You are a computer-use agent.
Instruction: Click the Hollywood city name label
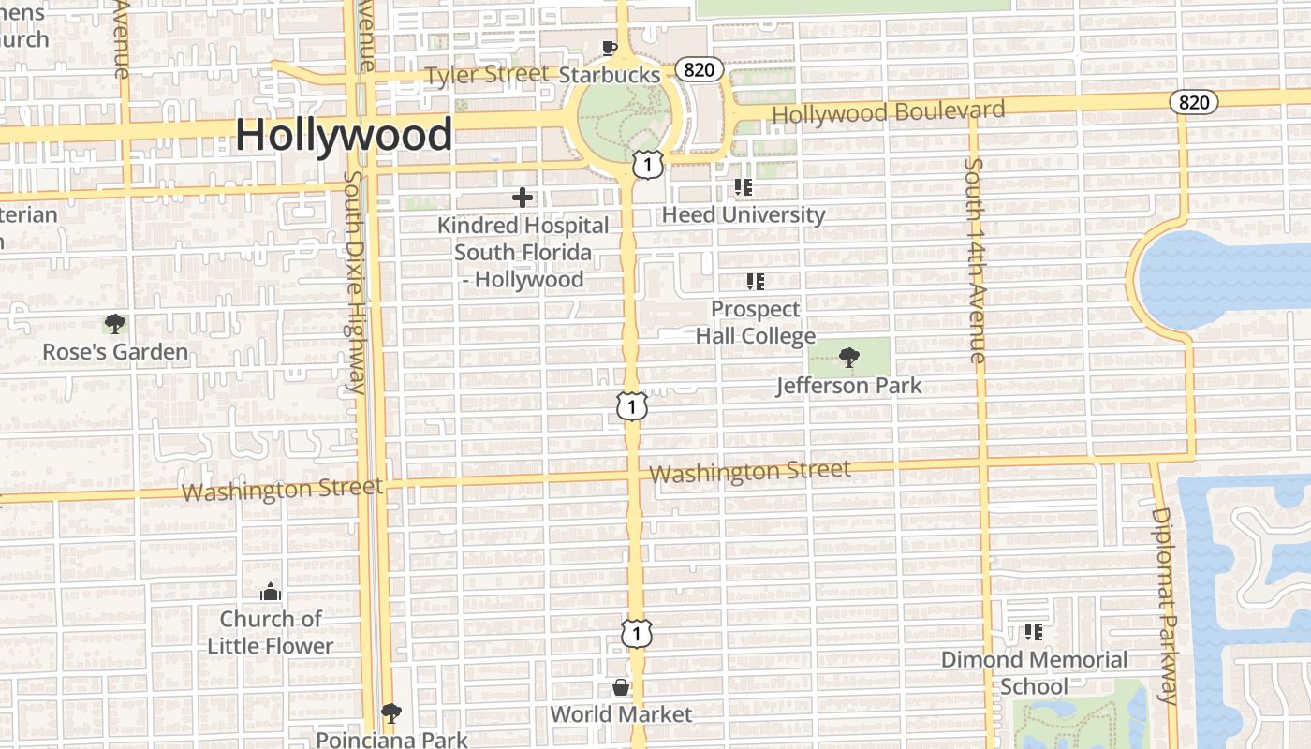(x=344, y=134)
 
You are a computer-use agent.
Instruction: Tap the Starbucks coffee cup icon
(x=610, y=48)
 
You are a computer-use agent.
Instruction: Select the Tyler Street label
(x=487, y=74)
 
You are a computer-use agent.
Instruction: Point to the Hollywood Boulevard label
(x=888, y=111)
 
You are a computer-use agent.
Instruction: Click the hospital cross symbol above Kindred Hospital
(x=523, y=198)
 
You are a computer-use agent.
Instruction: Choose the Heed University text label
(x=744, y=214)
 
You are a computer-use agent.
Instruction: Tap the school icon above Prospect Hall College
(x=756, y=281)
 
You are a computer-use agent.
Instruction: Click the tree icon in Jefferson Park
(x=849, y=357)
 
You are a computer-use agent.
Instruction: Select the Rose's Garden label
(x=115, y=352)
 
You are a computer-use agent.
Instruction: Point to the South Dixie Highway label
(x=354, y=281)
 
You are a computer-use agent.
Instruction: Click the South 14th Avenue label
(x=975, y=260)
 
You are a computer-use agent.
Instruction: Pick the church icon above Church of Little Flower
(x=271, y=592)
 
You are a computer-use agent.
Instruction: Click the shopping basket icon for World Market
(x=620, y=688)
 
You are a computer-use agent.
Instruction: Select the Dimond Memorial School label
(x=1034, y=672)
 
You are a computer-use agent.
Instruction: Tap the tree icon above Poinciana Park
(x=391, y=713)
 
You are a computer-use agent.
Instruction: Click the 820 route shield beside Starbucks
(x=700, y=69)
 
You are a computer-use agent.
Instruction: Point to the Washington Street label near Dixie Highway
(x=282, y=490)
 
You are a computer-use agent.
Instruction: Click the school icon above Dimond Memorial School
(x=1034, y=632)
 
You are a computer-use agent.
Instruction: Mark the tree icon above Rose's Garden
(x=115, y=325)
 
